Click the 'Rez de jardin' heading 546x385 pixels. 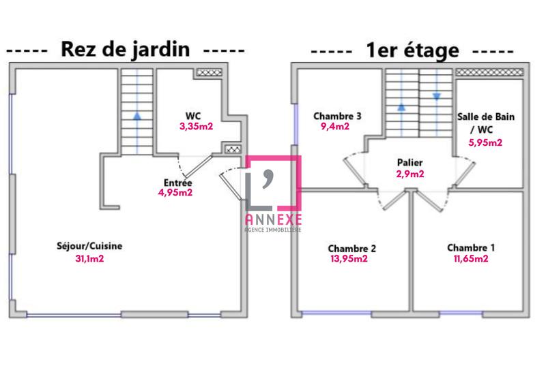point(125,50)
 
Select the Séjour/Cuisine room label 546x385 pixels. point(94,246)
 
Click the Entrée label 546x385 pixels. point(177,183)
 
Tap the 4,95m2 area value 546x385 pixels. point(175,193)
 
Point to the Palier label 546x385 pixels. point(409,163)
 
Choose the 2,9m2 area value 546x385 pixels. point(410,174)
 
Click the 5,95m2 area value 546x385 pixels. point(485,142)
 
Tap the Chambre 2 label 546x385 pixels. point(351,248)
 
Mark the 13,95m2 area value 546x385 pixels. point(349,259)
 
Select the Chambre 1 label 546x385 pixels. point(471,247)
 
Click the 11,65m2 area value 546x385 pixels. point(471,259)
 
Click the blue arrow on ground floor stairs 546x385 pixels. point(138,116)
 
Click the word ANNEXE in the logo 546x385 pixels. point(273,219)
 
